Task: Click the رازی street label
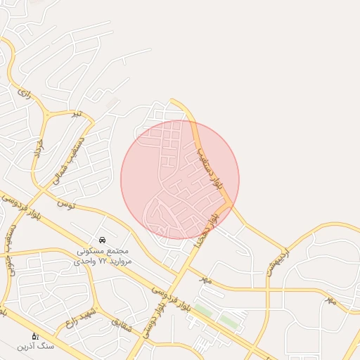tap(25, 92)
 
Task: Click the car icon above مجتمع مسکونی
tap(103, 240)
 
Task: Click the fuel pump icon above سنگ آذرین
tap(35, 335)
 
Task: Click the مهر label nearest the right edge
tap(330, 300)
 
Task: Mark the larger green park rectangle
tap(229, 321)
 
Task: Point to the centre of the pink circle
tap(180, 180)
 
